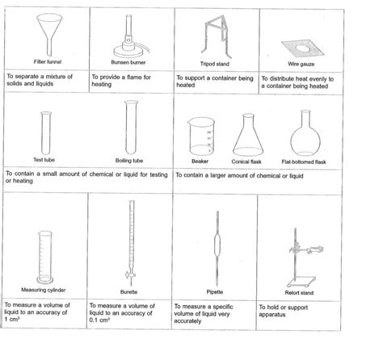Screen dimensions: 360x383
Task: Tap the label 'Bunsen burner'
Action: (129, 62)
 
